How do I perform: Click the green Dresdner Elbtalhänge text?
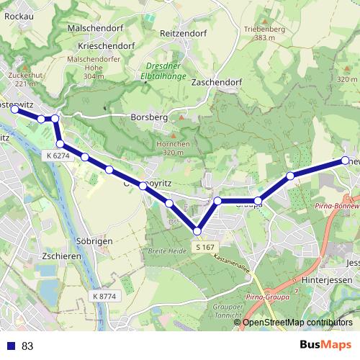tap(162, 71)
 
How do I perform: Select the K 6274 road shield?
tap(58, 155)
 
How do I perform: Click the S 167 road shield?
tap(205, 247)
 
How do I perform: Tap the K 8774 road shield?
tap(104, 296)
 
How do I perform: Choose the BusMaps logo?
tap(325, 345)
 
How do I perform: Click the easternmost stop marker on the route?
tap(345, 160)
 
